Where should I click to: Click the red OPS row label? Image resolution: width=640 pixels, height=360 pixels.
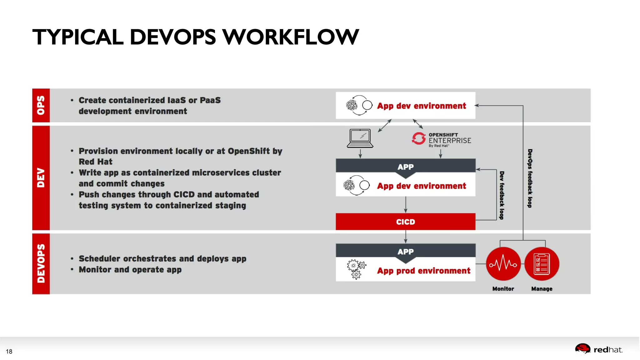(41, 105)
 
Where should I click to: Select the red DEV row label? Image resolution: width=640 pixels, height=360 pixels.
(41, 177)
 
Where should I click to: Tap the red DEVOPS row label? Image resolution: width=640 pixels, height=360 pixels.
(41, 263)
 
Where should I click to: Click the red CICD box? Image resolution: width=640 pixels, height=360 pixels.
(405, 222)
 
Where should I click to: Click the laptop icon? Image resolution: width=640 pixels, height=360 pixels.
(360, 138)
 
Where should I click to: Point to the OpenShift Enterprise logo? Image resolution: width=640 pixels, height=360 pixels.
(441, 140)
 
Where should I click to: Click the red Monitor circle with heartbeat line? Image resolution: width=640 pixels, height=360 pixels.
(503, 264)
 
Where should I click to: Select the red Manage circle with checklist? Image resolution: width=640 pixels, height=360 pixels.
(542, 264)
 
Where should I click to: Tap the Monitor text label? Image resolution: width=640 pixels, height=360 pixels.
(503, 289)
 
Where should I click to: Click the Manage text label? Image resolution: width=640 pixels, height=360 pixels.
(542, 289)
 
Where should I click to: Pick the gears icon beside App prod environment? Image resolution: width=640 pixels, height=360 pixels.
(356, 269)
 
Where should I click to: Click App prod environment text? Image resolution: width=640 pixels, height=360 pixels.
(423, 271)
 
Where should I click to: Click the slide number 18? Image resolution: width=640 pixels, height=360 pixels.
(9, 351)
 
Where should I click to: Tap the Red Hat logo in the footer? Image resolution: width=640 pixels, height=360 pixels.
(598, 349)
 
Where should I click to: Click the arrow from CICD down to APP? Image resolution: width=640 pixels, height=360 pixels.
(406, 237)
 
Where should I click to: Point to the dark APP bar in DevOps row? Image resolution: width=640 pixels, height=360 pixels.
(405, 251)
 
